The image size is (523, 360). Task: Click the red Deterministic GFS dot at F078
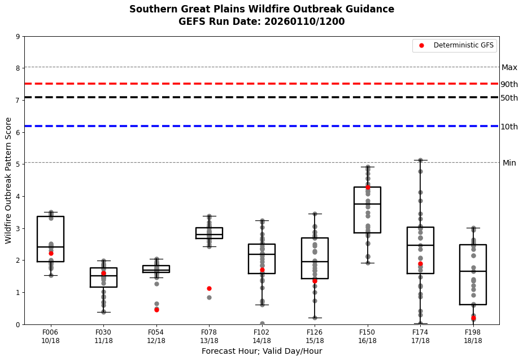(209, 288)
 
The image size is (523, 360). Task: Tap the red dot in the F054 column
(156, 310)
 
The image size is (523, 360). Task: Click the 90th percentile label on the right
(509, 85)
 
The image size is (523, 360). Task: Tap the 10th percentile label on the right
(509, 127)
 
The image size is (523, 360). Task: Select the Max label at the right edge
(509, 68)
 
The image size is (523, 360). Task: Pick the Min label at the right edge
(509, 163)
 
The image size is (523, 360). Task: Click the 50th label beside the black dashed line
(509, 98)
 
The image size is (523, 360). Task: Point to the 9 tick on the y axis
(18, 37)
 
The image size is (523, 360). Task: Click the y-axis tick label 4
(18, 197)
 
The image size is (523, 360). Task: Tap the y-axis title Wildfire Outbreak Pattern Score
(8, 180)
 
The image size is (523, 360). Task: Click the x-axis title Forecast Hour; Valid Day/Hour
(261, 352)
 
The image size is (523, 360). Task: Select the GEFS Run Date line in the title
(261, 22)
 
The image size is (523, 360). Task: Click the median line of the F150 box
(367, 204)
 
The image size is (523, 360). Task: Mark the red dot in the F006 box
(51, 253)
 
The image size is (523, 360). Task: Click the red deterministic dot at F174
(420, 264)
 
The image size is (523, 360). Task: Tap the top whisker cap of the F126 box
(315, 214)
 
